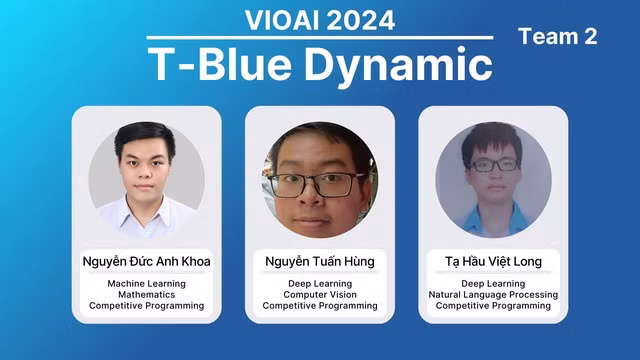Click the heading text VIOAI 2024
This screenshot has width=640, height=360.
click(320, 20)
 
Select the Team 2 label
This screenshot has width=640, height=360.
click(557, 37)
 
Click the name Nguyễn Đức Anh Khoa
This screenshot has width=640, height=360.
click(146, 262)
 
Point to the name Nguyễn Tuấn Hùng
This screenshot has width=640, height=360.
click(320, 262)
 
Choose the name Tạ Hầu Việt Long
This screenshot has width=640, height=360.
click(493, 262)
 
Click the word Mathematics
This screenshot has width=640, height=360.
click(146, 295)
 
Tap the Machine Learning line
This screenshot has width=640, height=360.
click(146, 284)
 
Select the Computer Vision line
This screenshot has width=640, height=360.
click(320, 295)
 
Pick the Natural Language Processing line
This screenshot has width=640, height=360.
click(493, 295)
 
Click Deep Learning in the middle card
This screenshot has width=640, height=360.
click(320, 284)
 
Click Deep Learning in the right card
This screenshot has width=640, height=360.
click(493, 284)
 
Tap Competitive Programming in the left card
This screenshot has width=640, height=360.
click(146, 306)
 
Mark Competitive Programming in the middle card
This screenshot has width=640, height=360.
click(320, 306)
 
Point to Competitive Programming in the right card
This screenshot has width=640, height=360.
click(493, 306)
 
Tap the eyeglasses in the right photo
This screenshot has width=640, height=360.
click(493, 164)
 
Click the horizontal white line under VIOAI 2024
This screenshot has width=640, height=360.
click(320, 38)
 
